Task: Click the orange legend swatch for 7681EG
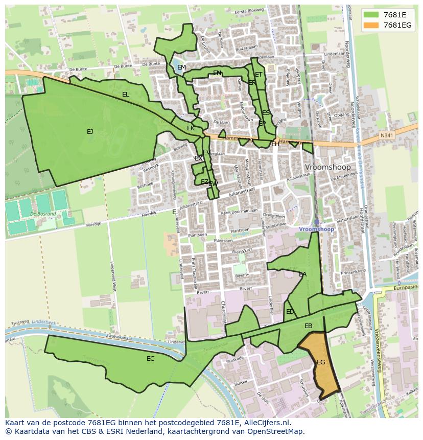[372, 25]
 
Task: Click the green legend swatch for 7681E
[372, 14]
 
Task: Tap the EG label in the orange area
[321, 362]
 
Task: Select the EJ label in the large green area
[90, 132]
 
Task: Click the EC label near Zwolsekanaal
[150, 359]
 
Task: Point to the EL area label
[126, 95]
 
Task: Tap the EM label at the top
[181, 67]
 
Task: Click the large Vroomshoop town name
[327, 167]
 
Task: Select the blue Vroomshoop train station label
[317, 229]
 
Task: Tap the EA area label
[303, 274]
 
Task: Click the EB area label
[308, 326]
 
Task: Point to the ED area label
[290, 312]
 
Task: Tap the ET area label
[258, 75]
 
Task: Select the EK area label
[191, 128]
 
